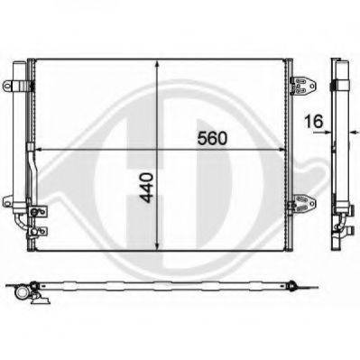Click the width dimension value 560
tap(212, 139)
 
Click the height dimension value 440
tap(148, 188)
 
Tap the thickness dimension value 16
tap(313, 121)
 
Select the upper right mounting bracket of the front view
tap(303, 86)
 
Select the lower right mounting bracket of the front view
tap(303, 204)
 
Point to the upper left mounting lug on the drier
tap(8, 85)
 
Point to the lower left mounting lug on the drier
tap(8, 201)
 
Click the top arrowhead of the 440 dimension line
tap(157, 64)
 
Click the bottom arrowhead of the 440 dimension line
tap(157, 245)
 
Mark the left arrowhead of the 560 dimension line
tap(40, 149)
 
